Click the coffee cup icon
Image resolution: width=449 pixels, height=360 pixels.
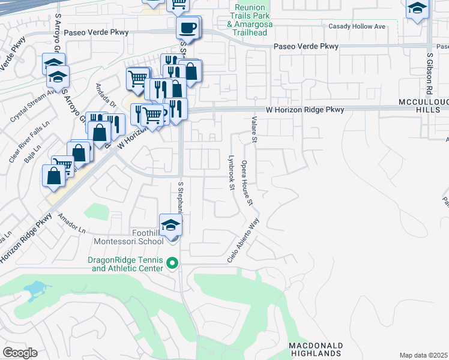[x=188, y=28]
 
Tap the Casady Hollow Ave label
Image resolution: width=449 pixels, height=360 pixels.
[x=356, y=27]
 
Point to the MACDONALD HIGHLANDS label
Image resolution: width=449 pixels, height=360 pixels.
[x=316, y=350]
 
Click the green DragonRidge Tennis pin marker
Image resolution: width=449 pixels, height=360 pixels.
[x=172, y=263]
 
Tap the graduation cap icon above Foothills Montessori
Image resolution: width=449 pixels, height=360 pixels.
[x=171, y=225]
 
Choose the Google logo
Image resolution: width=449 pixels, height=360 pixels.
[x=20, y=353]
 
